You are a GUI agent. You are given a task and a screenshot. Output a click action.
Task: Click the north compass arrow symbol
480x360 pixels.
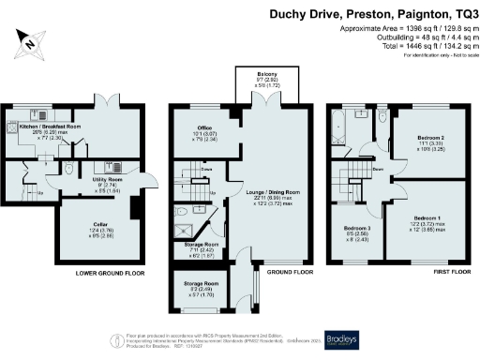pyautogui.click(x=30, y=40)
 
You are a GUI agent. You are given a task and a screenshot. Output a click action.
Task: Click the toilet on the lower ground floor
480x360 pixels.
pyautogui.click(x=71, y=171)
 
